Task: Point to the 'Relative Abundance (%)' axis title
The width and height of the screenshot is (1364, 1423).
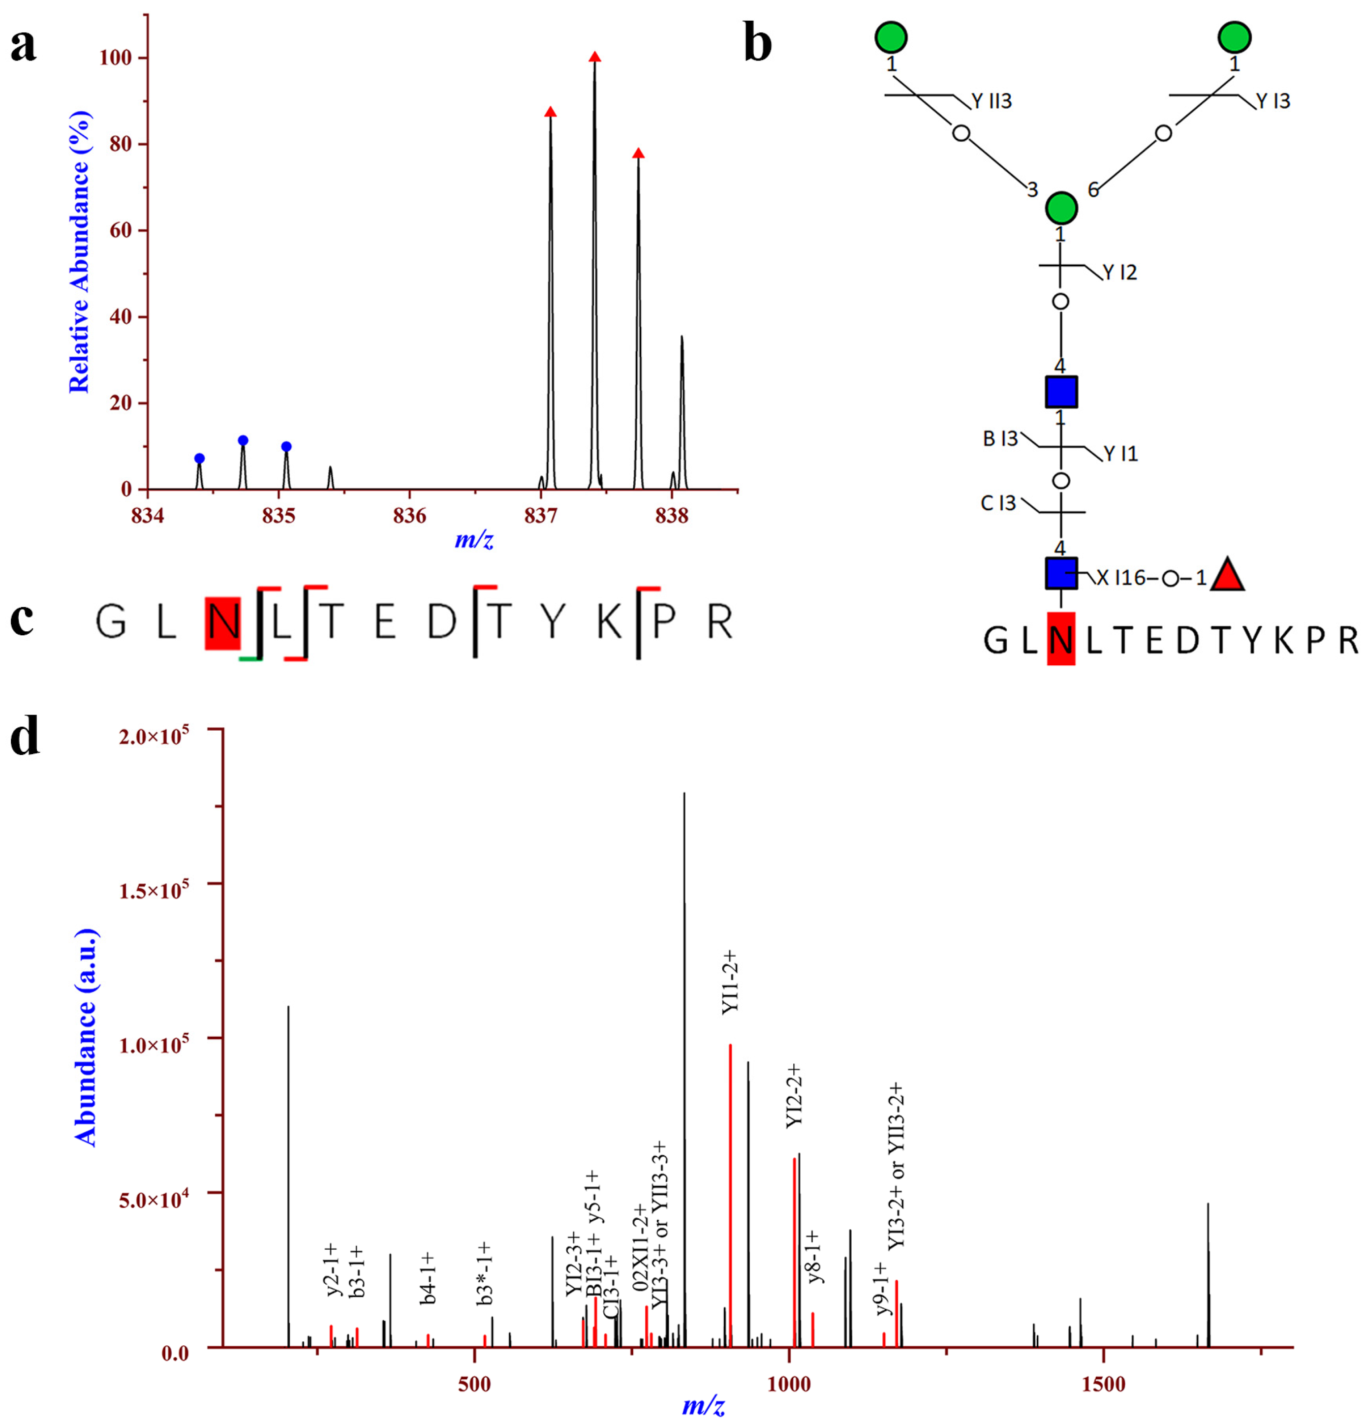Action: coord(79,252)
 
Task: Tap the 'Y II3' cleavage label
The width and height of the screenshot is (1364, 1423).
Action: coord(991,101)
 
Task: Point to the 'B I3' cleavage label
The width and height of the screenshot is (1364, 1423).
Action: coord(1000,438)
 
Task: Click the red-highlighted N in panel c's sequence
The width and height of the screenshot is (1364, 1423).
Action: coord(223,622)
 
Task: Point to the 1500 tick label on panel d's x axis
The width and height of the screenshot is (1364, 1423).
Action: coord(1103,1384)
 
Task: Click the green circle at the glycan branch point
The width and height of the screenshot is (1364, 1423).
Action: coord(1060,208)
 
